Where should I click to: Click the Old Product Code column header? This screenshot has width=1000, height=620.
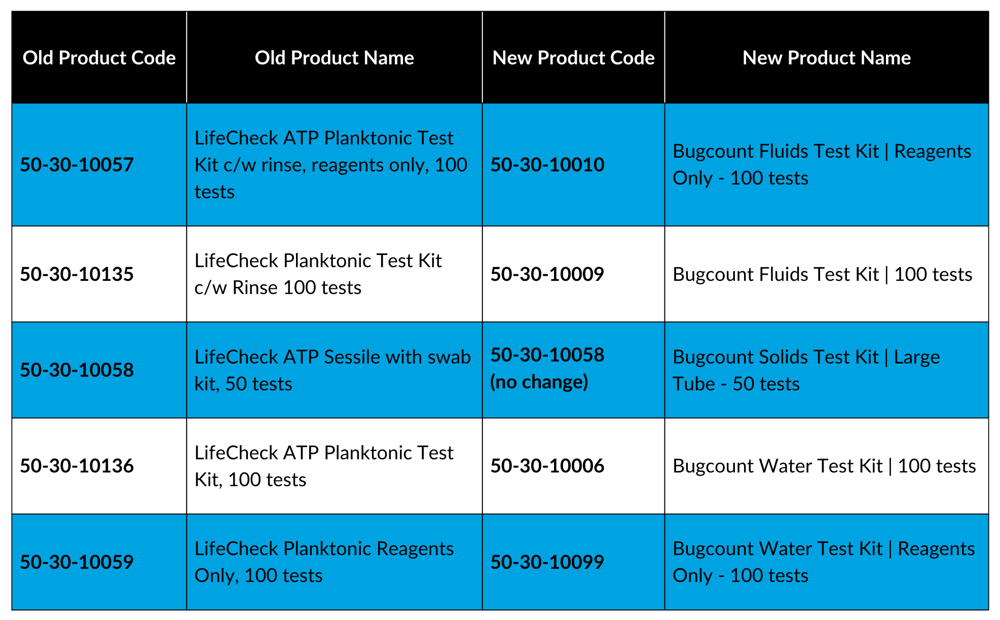(x=99, y=58)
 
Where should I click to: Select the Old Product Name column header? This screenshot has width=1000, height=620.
(x=334, y=58)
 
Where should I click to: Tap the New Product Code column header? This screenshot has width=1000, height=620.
(x=573, y=58)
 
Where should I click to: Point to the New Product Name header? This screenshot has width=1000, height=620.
(x=826, y=58)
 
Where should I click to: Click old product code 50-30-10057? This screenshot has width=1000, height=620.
(x=77, y=165)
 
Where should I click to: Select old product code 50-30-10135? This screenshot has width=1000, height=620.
(x=77, y=274)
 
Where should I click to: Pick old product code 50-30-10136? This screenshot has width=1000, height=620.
(x=77, y=466)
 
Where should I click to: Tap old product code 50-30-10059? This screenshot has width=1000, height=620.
(x=77, y=562)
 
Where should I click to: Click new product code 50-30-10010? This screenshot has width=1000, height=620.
(x=547, y=165)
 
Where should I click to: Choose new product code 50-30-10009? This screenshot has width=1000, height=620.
(x=547, y=274)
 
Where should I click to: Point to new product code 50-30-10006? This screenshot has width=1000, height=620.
(x=547, y=466)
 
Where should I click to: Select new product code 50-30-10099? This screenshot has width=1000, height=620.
(x=547, y=562)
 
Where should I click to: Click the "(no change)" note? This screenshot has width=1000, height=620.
(x=539, y=382)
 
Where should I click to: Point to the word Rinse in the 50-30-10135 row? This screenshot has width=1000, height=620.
(x=255, y=287)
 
